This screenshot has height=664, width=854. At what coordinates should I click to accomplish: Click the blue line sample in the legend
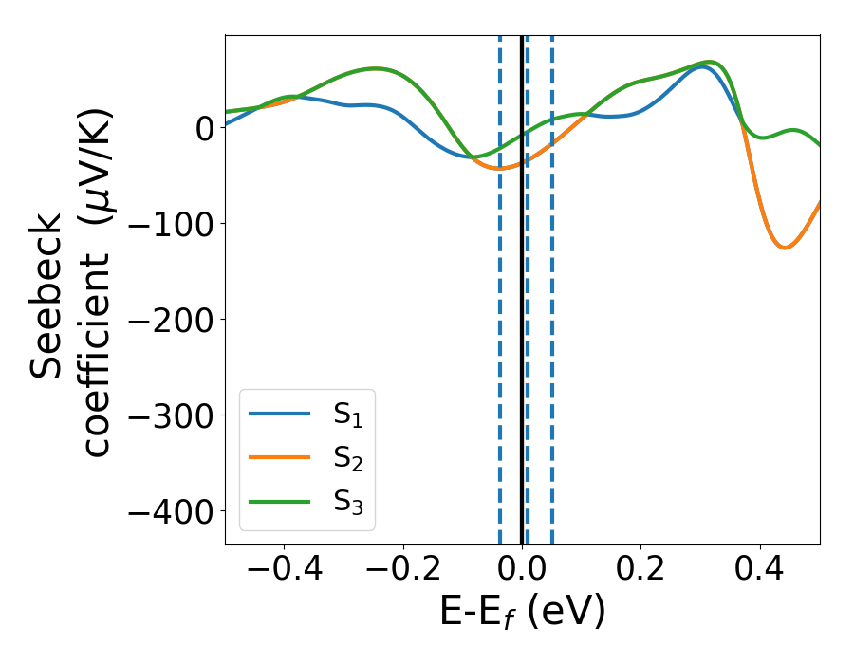click(280, 414)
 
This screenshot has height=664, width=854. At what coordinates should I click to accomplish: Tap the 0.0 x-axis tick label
click(522, 572)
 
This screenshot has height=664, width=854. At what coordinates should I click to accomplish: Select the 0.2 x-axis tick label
click(641, 572)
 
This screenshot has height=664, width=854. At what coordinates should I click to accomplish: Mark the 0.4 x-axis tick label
click(760, 572)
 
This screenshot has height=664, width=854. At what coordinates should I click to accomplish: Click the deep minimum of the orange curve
click(785, 248)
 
